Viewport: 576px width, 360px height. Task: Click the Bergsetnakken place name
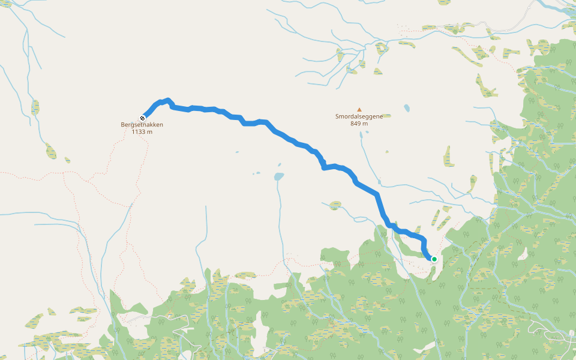(142, 125)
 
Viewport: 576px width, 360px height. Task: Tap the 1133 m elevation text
(142, 132)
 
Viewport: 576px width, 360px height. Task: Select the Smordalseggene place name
(359, 116)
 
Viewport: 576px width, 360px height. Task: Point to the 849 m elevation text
(359, 124)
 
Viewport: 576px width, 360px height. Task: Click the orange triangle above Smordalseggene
(359, 109)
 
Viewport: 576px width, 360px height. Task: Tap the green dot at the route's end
(434, 259)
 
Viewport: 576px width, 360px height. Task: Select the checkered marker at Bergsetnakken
(142, 118)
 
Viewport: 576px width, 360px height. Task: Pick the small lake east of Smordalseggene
(407, 108)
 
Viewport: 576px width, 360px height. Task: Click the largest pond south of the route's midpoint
(278, 177)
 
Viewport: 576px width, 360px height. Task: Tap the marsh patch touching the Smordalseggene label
(386, 115)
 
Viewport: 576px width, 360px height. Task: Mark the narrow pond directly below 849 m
(361, 135)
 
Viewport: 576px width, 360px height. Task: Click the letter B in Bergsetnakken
(123, 125)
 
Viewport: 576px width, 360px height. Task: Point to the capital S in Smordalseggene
(338, 116)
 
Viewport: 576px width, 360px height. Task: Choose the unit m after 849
(365, 124)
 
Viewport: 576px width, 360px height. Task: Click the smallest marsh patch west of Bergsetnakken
(67, 160)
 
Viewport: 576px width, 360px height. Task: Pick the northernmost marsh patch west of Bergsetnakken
(35, 107)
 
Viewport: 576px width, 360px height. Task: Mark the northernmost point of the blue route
(167, 100)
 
